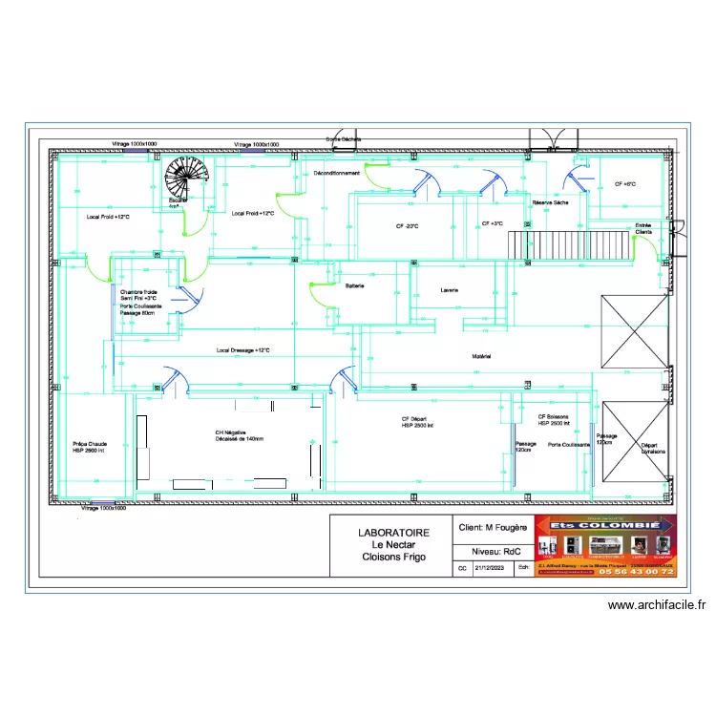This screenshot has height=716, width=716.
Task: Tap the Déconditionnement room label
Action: pos(337,174)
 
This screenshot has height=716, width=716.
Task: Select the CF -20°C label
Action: pos(408,226)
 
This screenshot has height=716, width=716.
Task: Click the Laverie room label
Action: pos(450,290)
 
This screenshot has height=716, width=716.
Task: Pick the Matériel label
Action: pos(480,356)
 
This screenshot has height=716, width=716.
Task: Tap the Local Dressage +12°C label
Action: pos(243,350)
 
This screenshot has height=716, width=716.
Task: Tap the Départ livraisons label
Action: pos(654,448)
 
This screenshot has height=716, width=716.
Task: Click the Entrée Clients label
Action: pos(643,229)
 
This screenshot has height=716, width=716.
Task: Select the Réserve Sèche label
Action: pos(551,203)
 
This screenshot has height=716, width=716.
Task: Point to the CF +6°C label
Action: pos(625,184)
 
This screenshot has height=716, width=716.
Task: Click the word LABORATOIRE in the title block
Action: pos(393,533)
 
